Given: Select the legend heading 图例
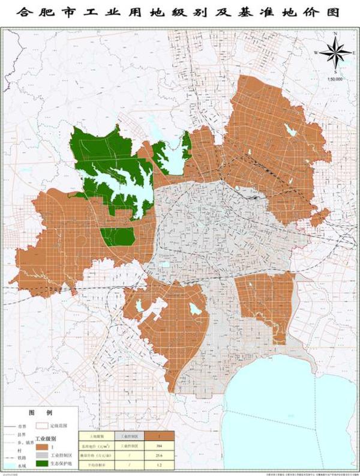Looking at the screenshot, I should [36, 414].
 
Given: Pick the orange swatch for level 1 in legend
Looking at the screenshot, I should [41, 448].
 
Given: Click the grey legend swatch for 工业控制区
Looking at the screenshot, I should [41, 456].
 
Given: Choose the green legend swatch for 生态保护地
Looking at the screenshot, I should [41, 464].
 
